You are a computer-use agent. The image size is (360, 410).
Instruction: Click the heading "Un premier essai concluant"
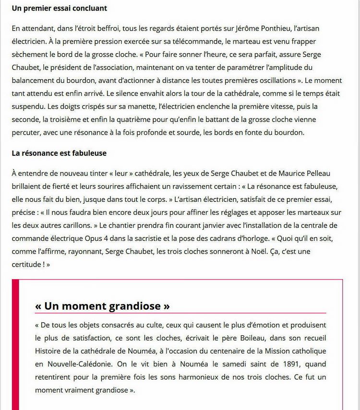pos(60,9)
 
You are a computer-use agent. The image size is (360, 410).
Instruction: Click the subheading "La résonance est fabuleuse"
pos(59,153)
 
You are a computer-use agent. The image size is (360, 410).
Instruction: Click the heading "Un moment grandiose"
pos(102,305)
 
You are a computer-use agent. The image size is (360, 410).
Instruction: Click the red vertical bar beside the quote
pos(15,345)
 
